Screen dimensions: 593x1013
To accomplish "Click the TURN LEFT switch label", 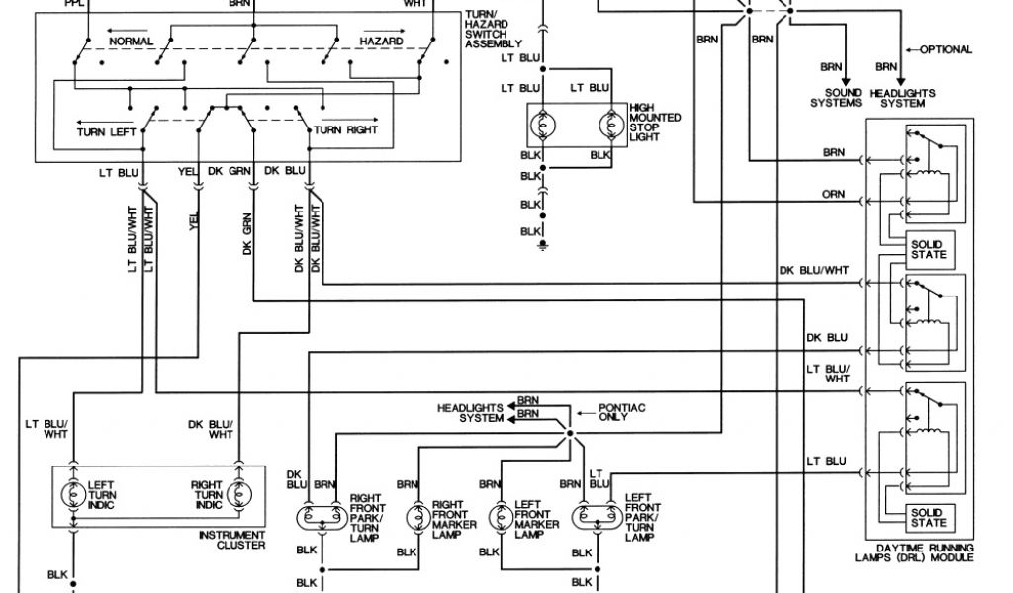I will [x=107, y=130].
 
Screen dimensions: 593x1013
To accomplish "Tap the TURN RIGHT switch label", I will [x=345, y=130].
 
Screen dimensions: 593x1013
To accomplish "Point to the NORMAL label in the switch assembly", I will [x=132, y=42].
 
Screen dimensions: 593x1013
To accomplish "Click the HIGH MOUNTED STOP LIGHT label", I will [x=655, y=122].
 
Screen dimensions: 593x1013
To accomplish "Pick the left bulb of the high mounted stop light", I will [x=544, y=127].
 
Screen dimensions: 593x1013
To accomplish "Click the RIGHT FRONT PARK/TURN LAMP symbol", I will [x=319, y=517].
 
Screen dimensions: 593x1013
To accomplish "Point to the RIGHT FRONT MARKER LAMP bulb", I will [x=415, y=517].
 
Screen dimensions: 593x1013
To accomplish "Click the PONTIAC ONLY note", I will [x=620, y=412].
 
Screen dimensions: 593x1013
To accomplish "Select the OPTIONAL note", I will [x=946, y=49].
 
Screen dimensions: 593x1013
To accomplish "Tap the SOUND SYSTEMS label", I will [x=836, y=98].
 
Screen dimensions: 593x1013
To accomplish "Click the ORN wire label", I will [x=834, y=195].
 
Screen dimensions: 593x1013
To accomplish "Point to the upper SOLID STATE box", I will [x=928, y=249].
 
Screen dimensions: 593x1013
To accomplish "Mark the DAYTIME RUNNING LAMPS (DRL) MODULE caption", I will [x=913, y=553].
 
